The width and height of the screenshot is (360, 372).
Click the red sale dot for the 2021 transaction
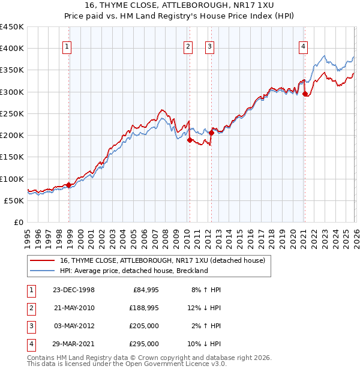pos(305,94)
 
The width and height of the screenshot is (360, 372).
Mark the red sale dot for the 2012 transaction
pos(211,133)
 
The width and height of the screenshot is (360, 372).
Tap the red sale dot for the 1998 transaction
pos(69,185)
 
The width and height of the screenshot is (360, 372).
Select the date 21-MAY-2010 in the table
pos(74,308)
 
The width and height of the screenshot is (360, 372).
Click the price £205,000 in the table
pos(144,326)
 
